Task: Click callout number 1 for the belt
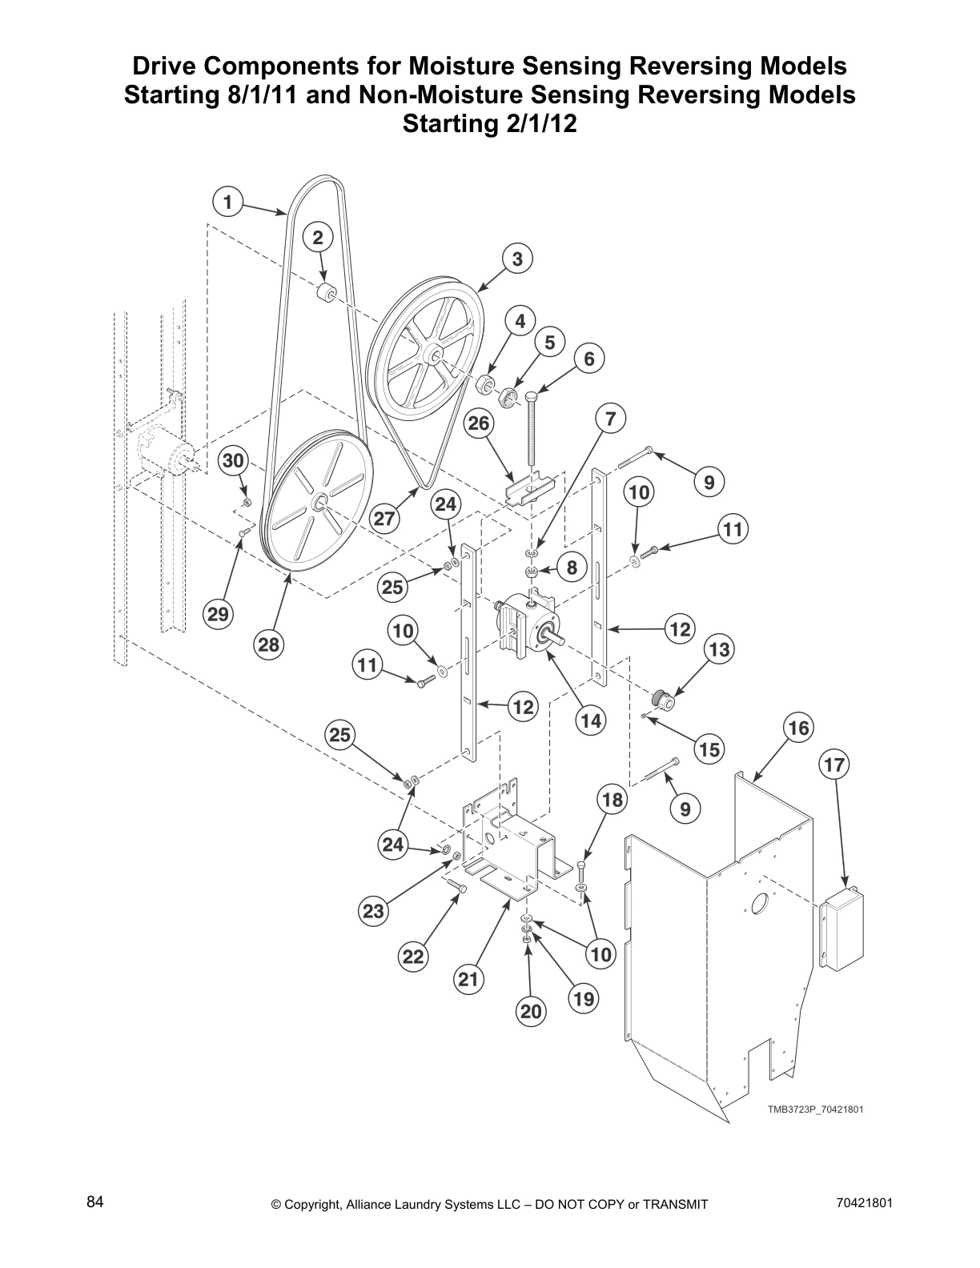pos(228,202)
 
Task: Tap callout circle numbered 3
pos(517,259)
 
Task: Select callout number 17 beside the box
pos(833,765)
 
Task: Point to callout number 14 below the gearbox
pos(590,720)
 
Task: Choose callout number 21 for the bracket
pos(469,978)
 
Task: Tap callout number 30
pos(232,461)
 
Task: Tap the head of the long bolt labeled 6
pos(532,395)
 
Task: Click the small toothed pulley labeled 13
pos(663,700)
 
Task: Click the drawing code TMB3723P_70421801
pos(815,1109)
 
